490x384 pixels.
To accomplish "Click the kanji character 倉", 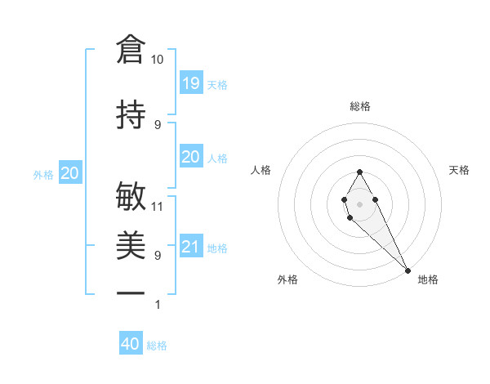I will point(131,50).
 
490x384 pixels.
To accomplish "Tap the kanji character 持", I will point(131,114).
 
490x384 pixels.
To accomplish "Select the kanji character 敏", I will point(131,197).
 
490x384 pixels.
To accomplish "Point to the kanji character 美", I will point(131,245).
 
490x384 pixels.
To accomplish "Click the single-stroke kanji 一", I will point(131,292).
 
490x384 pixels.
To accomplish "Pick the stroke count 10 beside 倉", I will point(158,60).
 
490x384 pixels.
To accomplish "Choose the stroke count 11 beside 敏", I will point(158,207).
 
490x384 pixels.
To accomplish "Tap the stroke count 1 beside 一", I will point(158,305).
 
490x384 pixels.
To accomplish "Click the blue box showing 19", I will point(190,83).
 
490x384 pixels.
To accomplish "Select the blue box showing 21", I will point(190,247).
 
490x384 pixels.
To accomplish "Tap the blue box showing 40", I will point(131,344).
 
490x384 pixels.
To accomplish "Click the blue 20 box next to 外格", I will point(70,172).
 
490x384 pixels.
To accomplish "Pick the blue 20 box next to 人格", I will point(190,157).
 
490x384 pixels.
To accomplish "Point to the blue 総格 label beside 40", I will point(158,346).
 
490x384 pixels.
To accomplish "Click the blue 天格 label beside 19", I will point(217,84).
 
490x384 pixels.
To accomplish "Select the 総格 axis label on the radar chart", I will point(360,106).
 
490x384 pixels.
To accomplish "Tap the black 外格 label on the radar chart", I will point(287,280).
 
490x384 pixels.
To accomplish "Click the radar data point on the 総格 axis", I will point(359,172).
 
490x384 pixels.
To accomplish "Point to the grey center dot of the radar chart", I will point(359,203).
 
